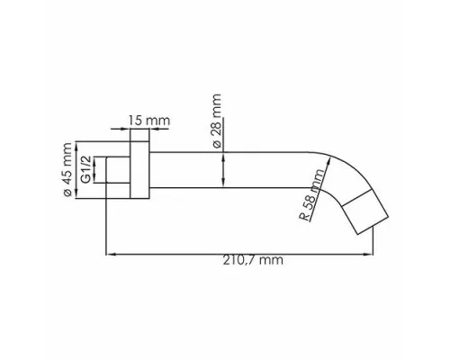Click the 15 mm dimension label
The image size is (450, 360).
pyautogui.click(x=149, y=121)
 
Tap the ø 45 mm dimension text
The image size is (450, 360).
pyautogui.click(x=67, y=170)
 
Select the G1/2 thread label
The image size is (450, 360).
pyautogui.click(x=86, y=169)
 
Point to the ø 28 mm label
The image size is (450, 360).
pyautogui.click(x=217, y=121)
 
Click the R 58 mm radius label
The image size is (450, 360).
pyautogui.click(x=312, y=195)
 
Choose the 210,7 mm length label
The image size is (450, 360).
pyautogui.click(x=253, y=260)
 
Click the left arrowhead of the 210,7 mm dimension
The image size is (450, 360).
pyautogui.click(x=111, y=255)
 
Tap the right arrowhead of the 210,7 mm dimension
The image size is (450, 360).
pyautogui.click(x=368, y=255)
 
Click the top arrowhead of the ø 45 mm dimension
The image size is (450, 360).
pyautogui.click(x=76, y=146)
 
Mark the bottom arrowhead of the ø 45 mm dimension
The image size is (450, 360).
pyautogui.click(x=76, y=193)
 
